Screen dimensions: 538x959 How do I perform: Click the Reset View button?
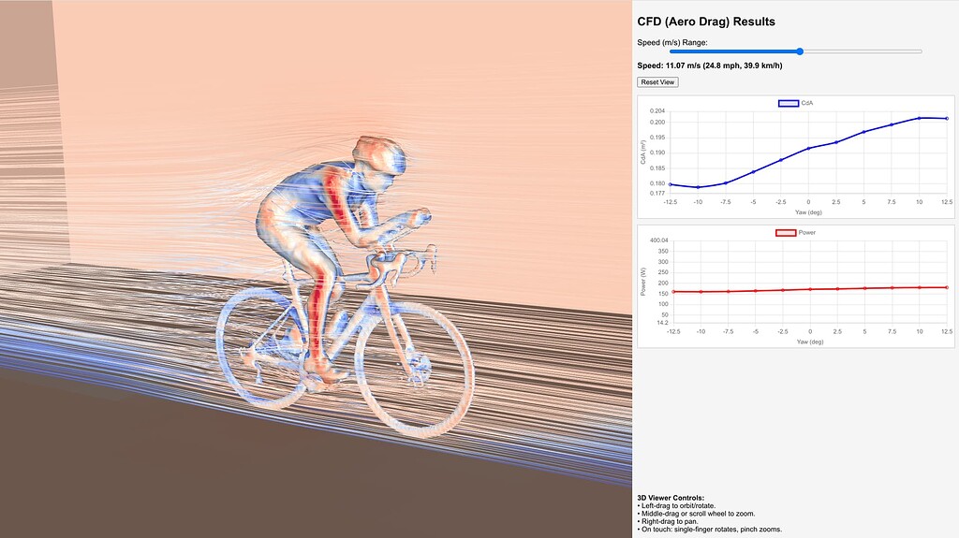point(657,82)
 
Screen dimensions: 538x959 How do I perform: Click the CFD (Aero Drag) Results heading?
point(706,22)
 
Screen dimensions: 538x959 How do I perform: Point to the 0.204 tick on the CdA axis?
point(657,111)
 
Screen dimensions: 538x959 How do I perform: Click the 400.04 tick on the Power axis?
point(654,240)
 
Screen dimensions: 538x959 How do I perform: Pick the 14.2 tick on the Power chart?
point(658,323)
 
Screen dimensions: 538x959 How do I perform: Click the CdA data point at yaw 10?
point(920,118)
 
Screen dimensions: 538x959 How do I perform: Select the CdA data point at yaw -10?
point(698,187)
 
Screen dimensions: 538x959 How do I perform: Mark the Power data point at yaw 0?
point(809,289)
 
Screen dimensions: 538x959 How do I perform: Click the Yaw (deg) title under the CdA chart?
point(808,212)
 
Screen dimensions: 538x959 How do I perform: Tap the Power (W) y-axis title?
point(643,282)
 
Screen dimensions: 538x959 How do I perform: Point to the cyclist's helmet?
point(382,155)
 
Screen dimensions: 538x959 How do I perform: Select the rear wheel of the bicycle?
point(262,343)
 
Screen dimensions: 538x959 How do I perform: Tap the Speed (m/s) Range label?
point(672,42)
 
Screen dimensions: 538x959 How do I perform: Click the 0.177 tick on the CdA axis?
point(657,194)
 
